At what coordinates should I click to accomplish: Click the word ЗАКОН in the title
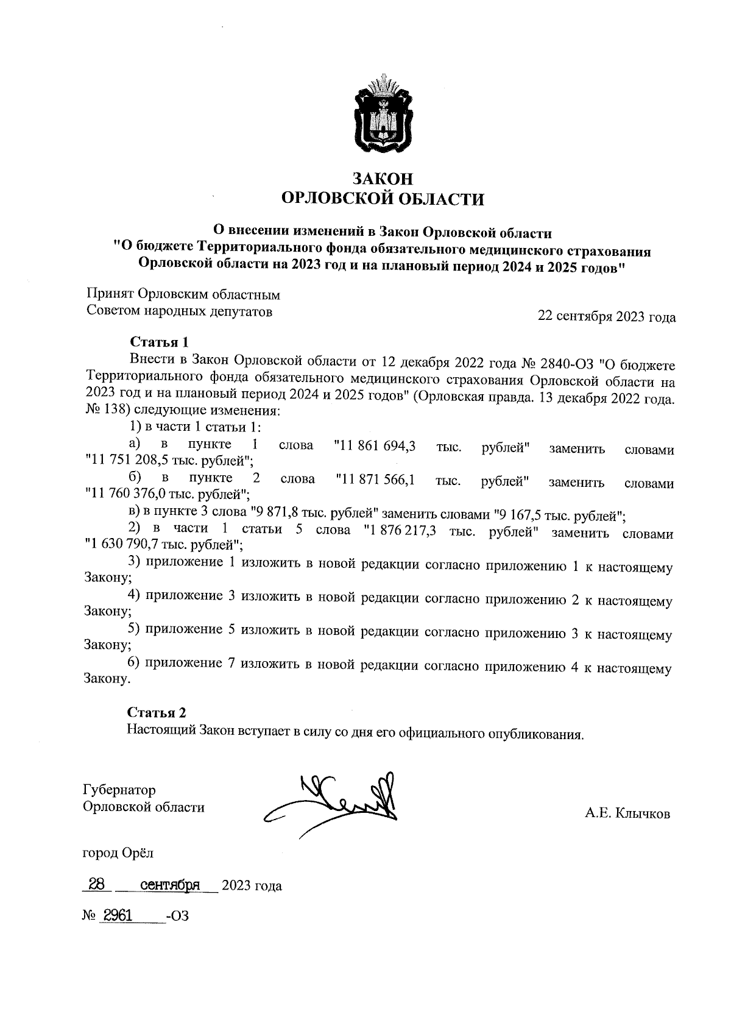point(383,179)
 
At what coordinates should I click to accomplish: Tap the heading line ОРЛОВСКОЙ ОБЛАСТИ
point(383,199)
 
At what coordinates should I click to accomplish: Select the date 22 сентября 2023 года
point(606,317)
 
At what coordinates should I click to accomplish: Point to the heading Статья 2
point(157,713)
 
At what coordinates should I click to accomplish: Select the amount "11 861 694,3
point(375,446)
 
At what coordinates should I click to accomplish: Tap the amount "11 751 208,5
point(126,461)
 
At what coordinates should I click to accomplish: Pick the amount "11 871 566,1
point(375,480)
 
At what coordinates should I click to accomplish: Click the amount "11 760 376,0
point(126,494)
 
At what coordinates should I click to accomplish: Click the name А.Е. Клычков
point(627,814)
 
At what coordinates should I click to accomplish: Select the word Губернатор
point(119,790)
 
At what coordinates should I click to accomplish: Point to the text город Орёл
point(118,853)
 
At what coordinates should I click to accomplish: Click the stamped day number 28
point(97,884)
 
